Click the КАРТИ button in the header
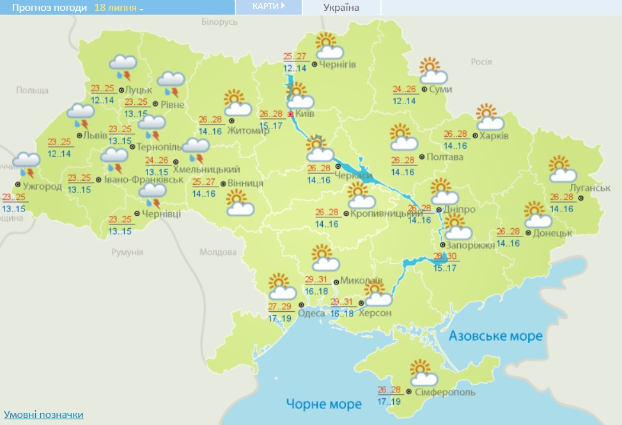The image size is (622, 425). click(x=268, y=6)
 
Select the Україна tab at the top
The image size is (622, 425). click(x=341, y=8)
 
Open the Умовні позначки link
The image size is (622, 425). click(x=43, y=415)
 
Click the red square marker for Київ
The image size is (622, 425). click(x=291, y=114)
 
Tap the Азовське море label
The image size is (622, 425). click(x=495, y=336)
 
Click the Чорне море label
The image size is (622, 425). click(x=324, y=404)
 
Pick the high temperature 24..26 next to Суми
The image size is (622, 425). click(x=404, y=89)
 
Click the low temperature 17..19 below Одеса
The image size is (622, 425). click(x=281, y=318)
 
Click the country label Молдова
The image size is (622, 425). click(x=218, y=252)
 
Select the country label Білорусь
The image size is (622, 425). click(x=219, y=22)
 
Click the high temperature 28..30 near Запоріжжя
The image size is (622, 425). click(x=445, y=256)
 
